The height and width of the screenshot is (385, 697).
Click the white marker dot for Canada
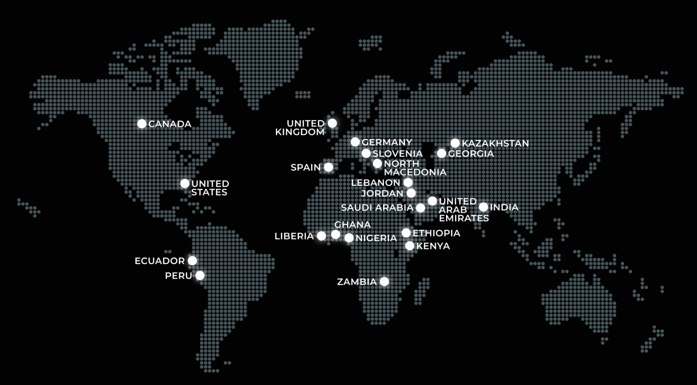[142, 123]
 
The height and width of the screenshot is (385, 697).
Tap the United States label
[210, 188]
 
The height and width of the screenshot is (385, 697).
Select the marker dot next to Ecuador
[192, 261]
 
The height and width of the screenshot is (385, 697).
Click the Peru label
[178, 276]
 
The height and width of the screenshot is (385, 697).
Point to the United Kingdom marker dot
[332, 123]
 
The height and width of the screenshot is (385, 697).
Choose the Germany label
[387, 143]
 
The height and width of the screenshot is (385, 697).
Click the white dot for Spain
[329, 167]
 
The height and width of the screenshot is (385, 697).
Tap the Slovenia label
[398, 154]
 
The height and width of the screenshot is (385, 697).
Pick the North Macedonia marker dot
[378, 163]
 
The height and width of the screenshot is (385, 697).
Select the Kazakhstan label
[495, 143]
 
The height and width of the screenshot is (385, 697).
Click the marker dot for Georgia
[442, 153]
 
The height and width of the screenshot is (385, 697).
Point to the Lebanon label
[375, 183]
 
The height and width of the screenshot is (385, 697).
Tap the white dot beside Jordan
[411, 193]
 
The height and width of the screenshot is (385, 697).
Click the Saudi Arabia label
[377, 208]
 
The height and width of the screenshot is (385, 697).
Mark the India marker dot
[484, 207]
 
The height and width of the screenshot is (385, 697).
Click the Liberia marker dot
[321, 236]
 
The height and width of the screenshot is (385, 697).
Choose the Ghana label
[352, 225]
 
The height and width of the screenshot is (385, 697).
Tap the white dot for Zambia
[384, 281]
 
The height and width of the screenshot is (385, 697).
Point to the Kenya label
[433, 246]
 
